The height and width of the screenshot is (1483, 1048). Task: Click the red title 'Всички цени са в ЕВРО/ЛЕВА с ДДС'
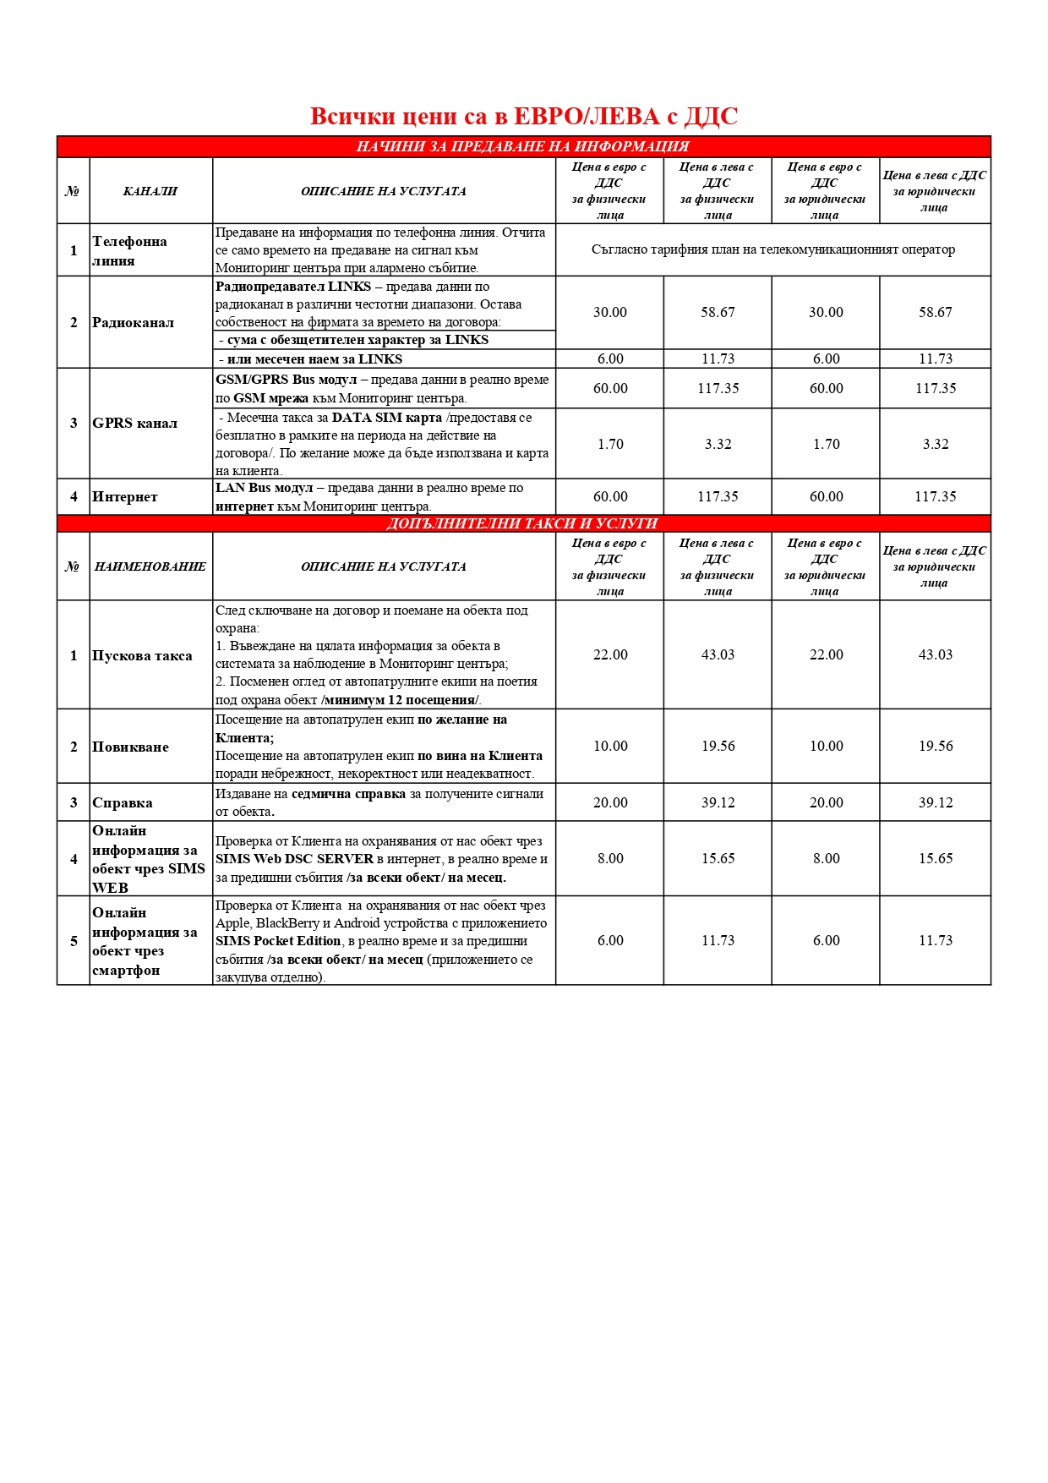point(524,116)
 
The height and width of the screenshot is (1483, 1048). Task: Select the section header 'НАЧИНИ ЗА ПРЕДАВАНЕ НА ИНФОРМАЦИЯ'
point(522,146)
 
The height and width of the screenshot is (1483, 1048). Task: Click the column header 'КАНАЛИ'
point(150,191)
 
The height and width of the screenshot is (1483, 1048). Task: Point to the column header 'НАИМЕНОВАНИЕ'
point(150,566)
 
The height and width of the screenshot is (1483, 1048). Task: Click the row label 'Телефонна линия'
point(129,250)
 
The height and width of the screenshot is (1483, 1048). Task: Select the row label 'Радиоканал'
point(133,322)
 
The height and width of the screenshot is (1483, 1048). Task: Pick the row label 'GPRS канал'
point(134,423)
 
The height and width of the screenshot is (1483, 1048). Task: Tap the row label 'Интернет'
point(125,496)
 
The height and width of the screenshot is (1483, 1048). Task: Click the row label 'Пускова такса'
point(142,655)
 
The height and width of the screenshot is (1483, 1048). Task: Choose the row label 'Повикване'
point(130,747)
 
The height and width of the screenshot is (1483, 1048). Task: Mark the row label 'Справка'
point(123,802)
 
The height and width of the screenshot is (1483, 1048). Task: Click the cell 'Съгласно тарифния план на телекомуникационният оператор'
point(772,249)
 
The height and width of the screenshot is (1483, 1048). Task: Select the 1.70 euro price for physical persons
point(610,444)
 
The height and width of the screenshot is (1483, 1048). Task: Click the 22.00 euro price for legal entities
point(826,654)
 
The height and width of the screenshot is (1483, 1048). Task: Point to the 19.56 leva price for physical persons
point(718,746)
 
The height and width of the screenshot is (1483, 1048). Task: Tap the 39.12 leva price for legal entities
point(936,802)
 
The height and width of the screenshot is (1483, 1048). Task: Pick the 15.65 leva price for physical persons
point(718,858)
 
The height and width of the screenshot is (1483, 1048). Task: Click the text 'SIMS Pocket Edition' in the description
point(278,941)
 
